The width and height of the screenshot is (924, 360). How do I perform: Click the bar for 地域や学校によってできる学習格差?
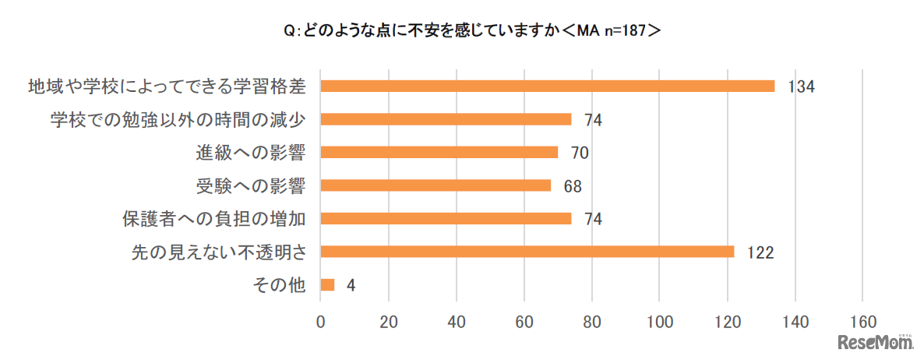coord(547,86)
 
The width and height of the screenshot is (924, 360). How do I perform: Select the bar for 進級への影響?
coord(439,152)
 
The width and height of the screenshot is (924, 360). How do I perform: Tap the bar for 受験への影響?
coord(436,185)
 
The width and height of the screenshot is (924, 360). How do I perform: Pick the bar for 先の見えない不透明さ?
coord(527,252)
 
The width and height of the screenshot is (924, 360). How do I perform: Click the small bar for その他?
coord(327,285)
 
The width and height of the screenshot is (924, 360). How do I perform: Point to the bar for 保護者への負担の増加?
coord(446,219)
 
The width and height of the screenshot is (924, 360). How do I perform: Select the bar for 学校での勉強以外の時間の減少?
coord(446,119)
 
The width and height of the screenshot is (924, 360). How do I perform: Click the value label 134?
coord(800,86)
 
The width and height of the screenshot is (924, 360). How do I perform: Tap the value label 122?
coord(760,252)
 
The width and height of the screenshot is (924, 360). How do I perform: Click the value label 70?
coord(578,153)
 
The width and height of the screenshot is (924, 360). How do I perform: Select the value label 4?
coord(351,286)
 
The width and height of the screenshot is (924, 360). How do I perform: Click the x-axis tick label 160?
coord(862,322)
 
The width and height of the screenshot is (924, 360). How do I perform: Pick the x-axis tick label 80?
coord(591,322)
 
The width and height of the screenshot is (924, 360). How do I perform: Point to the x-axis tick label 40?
coord(456,322)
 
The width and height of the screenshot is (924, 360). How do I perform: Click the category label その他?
coord(278,285)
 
